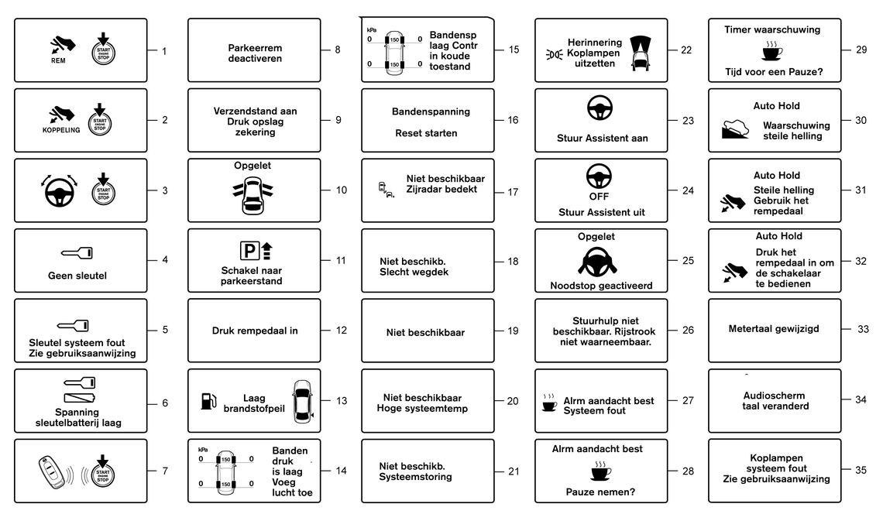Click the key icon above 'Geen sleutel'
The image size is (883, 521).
(77, 253)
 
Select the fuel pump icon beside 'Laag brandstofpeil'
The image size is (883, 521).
(208, 401)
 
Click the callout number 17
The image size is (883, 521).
(513, 193)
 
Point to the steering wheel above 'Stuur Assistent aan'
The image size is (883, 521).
(600, 108)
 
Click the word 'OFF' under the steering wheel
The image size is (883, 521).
(599, 197)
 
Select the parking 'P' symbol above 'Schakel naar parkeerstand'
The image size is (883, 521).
(249, 250)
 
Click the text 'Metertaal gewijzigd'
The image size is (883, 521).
(774, 328)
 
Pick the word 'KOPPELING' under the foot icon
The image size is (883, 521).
(61, 130)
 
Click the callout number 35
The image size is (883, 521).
(861, 471)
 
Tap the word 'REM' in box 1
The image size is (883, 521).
(58, 60)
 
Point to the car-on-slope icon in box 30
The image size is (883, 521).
(735, 129)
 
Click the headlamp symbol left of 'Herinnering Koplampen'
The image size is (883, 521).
(554, 54)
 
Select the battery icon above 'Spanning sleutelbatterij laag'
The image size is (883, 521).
(80, 399)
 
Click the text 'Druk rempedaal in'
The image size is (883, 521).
(255, 331)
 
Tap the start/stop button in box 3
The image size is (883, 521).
(103, 190)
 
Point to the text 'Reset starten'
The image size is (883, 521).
(426, 133)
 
